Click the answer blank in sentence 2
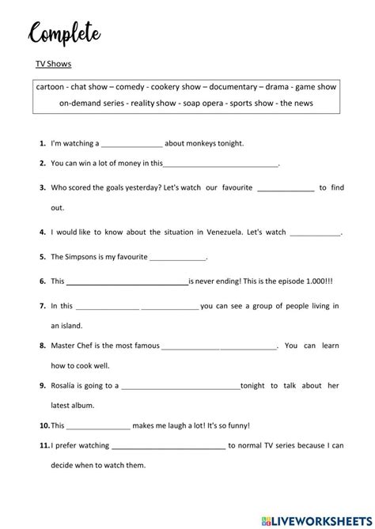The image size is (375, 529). click(221, 164)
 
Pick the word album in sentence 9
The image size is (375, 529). click(82, 405)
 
